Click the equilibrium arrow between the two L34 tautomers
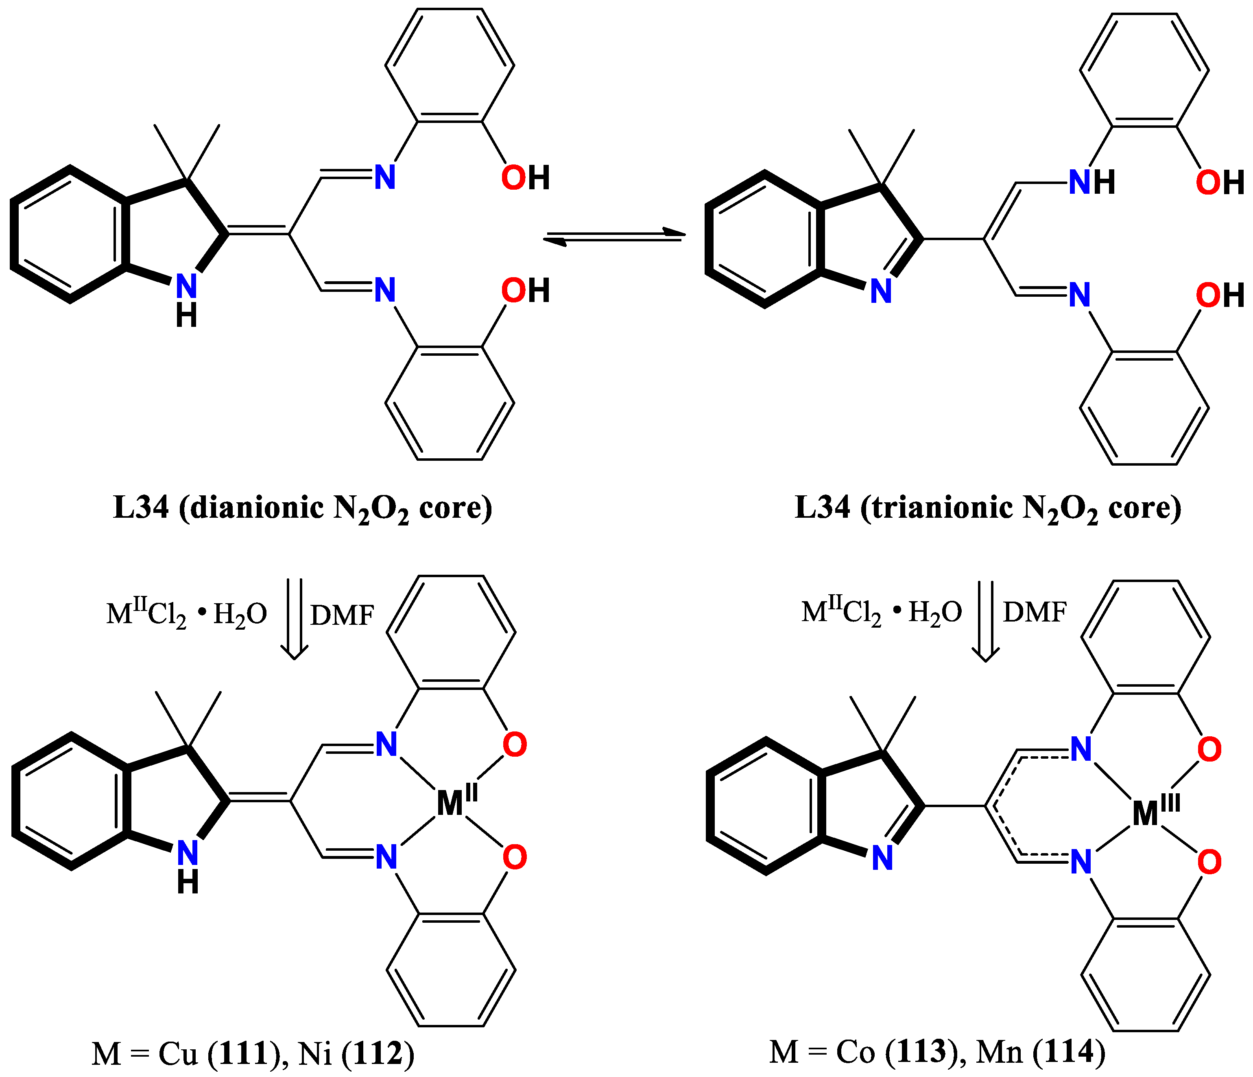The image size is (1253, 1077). (x=614, y=237)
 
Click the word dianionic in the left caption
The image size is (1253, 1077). (x=257, y=507)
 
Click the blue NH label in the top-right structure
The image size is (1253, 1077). (x=1091, y=182)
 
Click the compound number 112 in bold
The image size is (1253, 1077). (x=379, y=1053)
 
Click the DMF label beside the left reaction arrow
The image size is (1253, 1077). (x=342, y=615)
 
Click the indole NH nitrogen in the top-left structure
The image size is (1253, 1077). (x=186, y=286)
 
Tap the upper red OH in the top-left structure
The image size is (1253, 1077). (x=525, y=178)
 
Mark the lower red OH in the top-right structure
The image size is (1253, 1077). (x=1219, y=295)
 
